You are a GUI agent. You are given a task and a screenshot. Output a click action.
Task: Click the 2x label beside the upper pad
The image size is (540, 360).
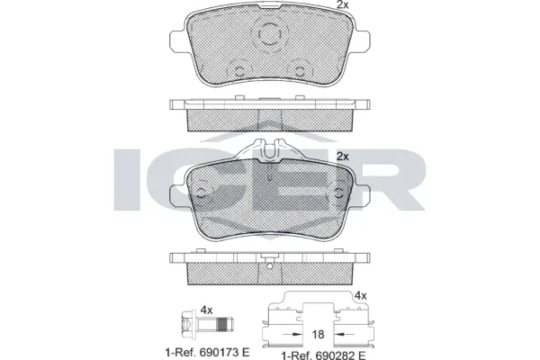341,6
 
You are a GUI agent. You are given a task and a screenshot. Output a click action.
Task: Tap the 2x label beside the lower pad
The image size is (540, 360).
341,156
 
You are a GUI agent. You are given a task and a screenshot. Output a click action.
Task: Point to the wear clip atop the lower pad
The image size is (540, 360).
269,153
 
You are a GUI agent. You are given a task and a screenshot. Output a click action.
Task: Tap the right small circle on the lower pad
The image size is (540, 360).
337,190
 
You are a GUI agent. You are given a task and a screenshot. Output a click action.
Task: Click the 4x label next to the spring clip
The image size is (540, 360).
361,294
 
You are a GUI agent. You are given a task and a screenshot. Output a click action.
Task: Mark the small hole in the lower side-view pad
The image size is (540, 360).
269,265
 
